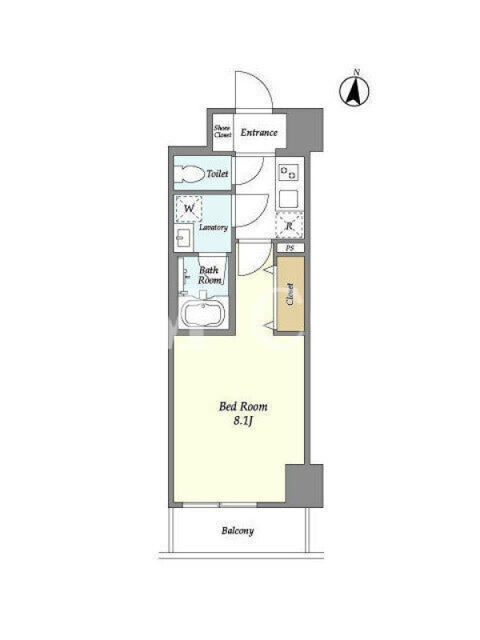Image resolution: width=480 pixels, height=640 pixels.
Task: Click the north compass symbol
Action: point(354,90)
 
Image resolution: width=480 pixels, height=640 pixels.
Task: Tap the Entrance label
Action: point(258,132)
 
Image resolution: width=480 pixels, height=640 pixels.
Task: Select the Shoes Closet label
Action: point(222,131)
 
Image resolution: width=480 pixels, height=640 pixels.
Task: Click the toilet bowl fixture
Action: point(190,174)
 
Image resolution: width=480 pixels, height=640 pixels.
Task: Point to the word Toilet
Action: point(217,174)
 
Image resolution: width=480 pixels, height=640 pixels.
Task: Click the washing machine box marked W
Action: point(189,209)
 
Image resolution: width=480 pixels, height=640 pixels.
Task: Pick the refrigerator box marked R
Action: point(290,225)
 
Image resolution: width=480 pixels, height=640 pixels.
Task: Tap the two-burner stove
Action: point(289,172)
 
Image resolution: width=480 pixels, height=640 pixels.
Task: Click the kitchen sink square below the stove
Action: point(289,199)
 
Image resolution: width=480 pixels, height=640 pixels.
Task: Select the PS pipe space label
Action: point(290,248)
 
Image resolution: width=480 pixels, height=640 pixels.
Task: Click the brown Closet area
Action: point(290,294)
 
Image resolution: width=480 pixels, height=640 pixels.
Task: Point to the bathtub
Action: point(203,314)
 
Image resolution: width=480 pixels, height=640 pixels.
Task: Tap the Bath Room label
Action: point(210,275)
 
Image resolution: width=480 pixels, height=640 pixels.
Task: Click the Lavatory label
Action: point(213,227)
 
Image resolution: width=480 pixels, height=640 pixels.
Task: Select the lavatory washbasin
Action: point(183,237)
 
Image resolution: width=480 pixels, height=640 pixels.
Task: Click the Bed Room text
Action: point(243,406)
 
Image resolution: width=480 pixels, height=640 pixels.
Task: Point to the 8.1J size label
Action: point(243,421)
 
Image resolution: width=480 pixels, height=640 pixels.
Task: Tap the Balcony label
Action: point(238,530)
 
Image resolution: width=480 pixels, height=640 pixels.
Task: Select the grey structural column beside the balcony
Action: point(305,486)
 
